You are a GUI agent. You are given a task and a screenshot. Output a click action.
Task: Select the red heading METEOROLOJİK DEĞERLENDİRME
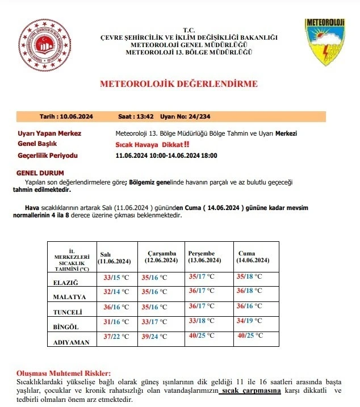179,84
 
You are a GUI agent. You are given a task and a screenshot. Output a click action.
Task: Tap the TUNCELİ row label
68,312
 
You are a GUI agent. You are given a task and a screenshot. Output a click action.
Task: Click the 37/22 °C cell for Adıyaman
115,335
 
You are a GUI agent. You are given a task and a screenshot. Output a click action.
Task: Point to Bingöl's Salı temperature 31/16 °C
115,321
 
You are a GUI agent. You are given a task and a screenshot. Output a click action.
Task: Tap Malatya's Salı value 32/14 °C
116,291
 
